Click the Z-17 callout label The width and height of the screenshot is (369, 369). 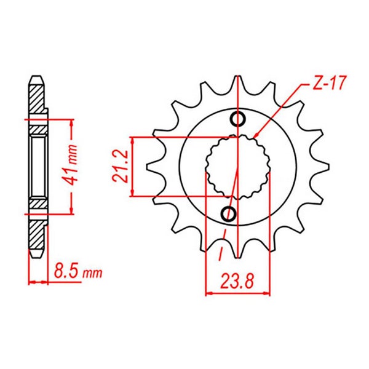(329, 83)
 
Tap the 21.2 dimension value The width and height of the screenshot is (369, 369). (121, 166)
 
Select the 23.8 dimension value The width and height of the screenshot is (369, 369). (237, 282)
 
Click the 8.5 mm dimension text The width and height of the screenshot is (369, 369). (78, 272)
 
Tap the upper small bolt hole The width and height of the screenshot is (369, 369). (238, 119)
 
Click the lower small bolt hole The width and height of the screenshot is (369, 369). (228, 213)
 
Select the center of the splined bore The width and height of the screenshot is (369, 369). (238, 167)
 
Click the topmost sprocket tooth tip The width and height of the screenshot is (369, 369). (238, 77)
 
